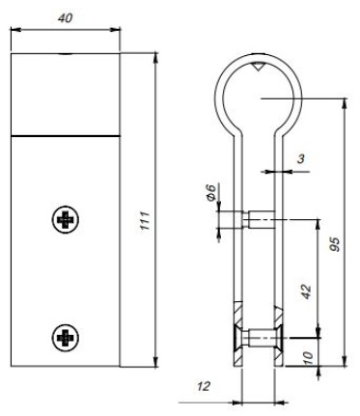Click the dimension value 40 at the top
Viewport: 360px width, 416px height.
click(x=66, y=18)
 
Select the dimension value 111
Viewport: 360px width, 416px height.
click(x=145, y=220)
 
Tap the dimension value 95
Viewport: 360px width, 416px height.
click(x=335, y=244)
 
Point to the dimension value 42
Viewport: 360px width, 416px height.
click(x=307, y=291)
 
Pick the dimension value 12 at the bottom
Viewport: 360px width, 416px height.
click(x=204, y=386)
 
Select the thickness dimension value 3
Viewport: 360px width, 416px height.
click(x=300, y=158)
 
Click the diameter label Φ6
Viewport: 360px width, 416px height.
click(x=210, y=192)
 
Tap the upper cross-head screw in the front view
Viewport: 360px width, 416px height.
click(x=66, y=219)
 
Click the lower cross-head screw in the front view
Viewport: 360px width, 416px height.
click(x=66, y=337)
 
